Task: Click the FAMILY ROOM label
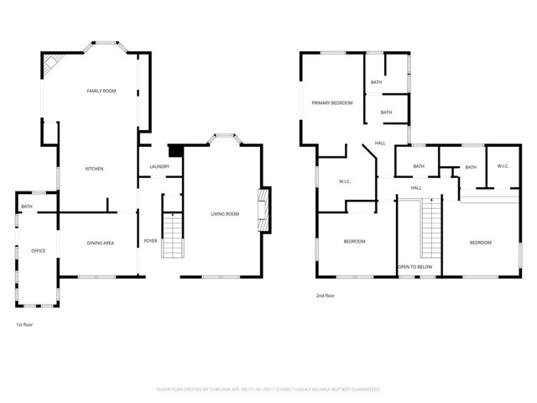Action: click(x=102, y=91)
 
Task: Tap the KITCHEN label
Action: click(x=94, y=170)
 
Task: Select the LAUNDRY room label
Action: click(x=159, y=166)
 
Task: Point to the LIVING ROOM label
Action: click(x=225, y=214)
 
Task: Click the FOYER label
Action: click(x=150, y=241)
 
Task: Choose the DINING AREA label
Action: click(x=101, y=243)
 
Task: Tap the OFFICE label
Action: click(x=38, y=250)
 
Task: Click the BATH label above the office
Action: click(x=27, y=207)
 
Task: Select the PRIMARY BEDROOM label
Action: click(x=332, y=102)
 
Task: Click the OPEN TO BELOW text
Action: click(x=415, y=267)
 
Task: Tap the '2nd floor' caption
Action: click(x=326, y=296)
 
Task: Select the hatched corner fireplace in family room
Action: click(x=52, y=65)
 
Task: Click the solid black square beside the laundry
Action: click(x=175, y=151)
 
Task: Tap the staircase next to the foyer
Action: click(x=172, y=236)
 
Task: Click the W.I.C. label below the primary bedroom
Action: click(x=345, y=181)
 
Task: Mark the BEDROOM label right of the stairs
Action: click(x=480, y=243)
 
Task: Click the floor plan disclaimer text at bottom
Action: click(x=268, y=390)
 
